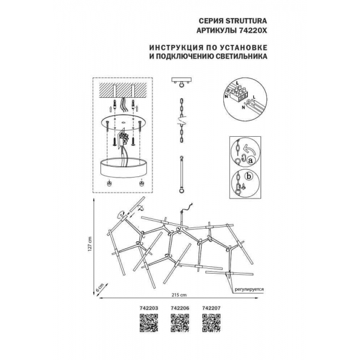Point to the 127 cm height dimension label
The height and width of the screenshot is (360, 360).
point(90,244)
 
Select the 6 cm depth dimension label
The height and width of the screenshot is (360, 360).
point(99,287)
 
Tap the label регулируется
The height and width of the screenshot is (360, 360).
point(249,289)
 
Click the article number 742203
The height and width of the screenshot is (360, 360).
point(149,308)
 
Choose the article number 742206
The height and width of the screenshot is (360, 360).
point(180,308)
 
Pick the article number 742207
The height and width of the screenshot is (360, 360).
point(211,308)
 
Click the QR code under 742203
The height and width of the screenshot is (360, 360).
point(149,323)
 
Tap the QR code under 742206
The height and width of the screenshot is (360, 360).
point(180,323)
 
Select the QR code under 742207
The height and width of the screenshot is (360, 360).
point(211,323)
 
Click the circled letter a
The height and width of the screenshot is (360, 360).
point(250,160)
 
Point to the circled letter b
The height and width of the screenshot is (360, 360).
point(248,176)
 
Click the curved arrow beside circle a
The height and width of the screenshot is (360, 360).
point(249,149)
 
